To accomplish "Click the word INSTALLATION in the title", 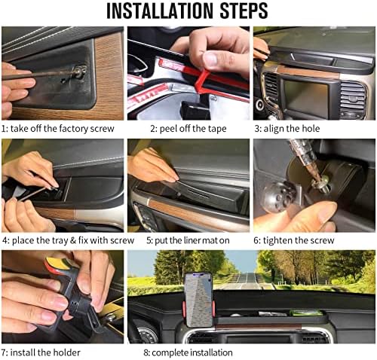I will point(155,11).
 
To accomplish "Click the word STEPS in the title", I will point(239,11).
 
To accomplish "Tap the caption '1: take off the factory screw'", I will point(58,129).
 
